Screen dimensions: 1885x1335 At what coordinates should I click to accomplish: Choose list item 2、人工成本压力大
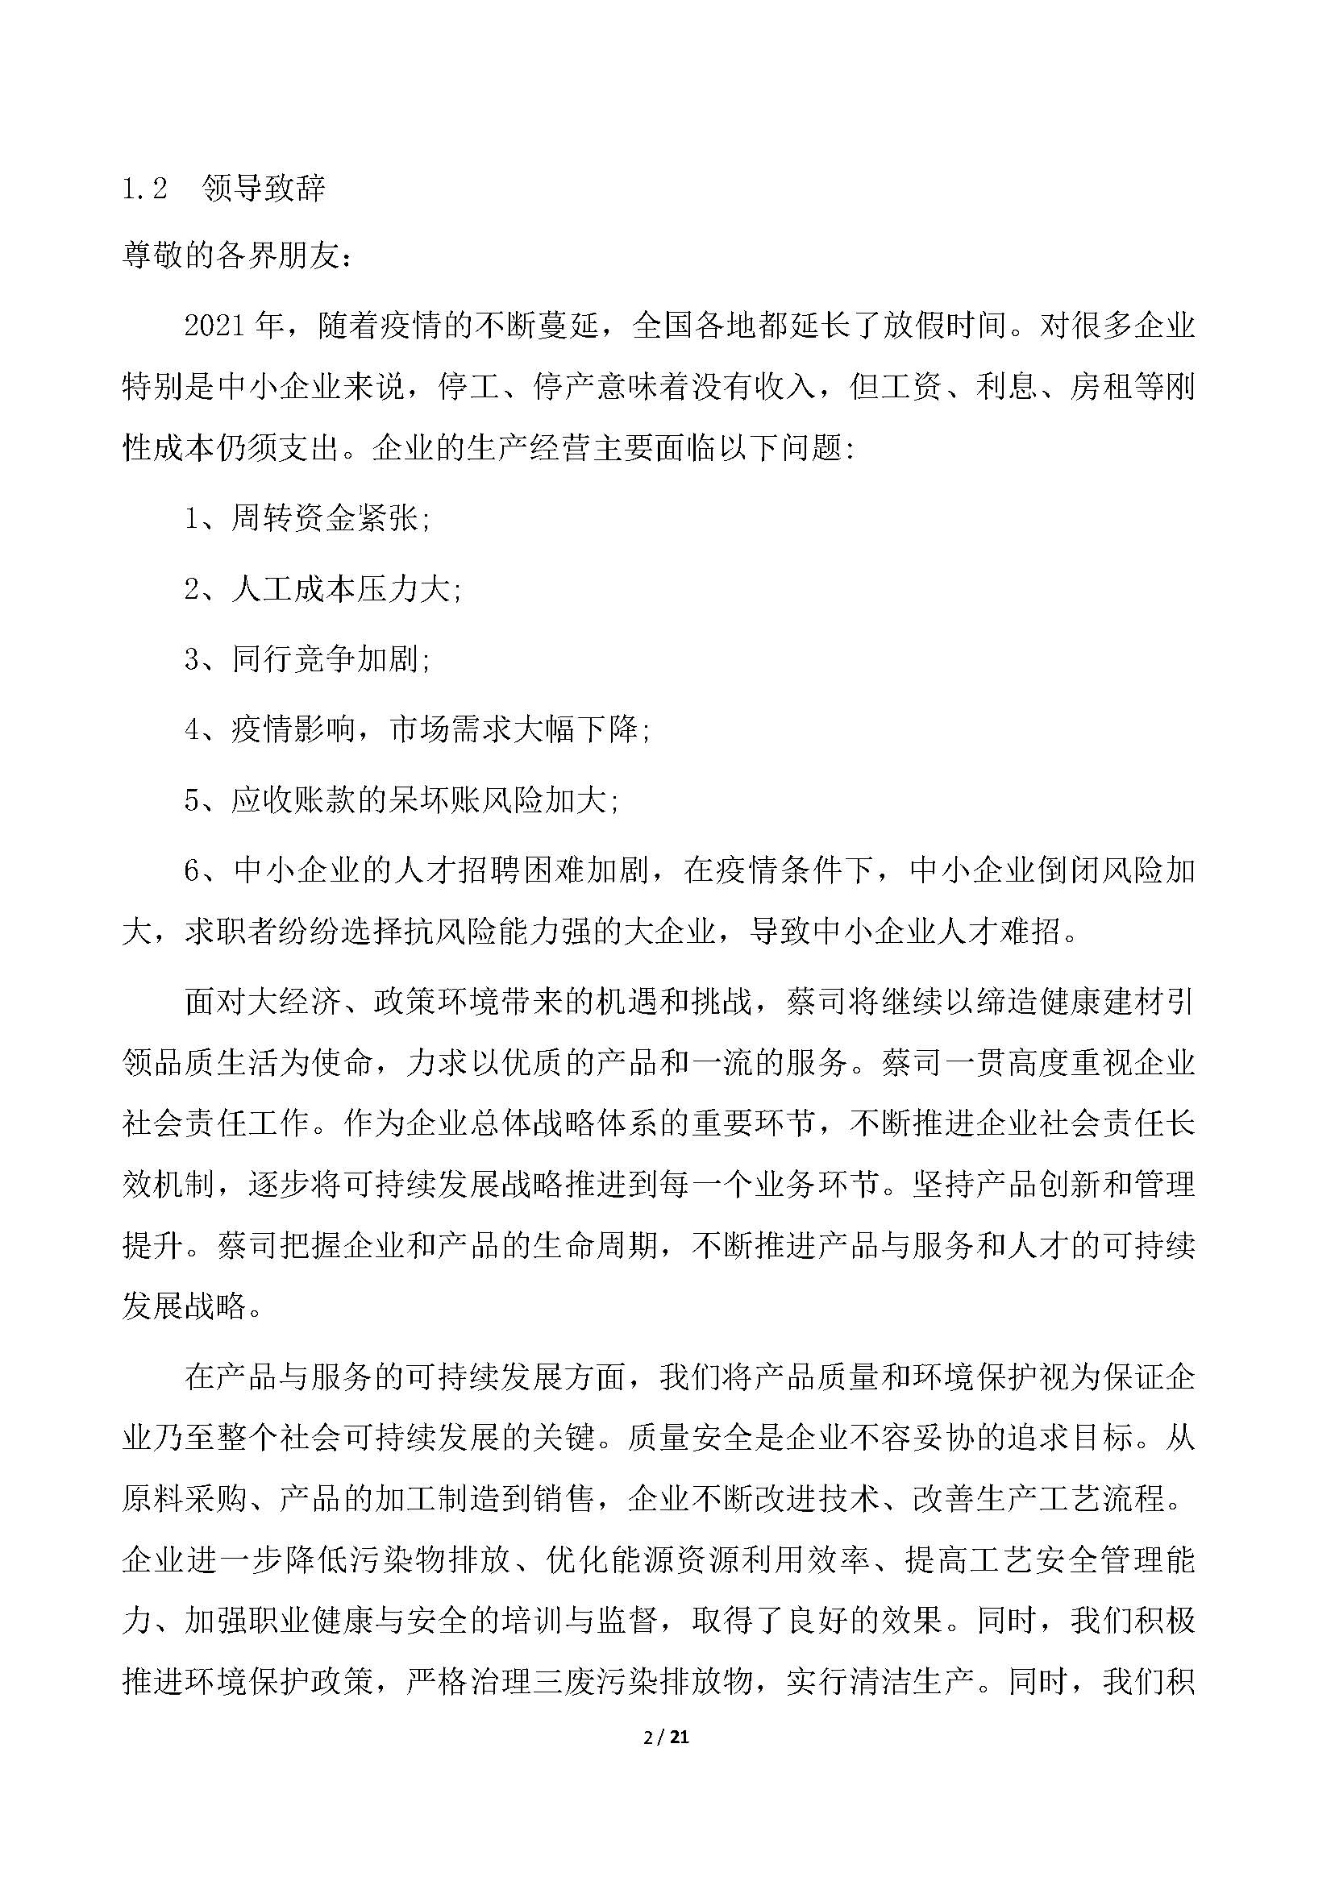click(x=322, y=590)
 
